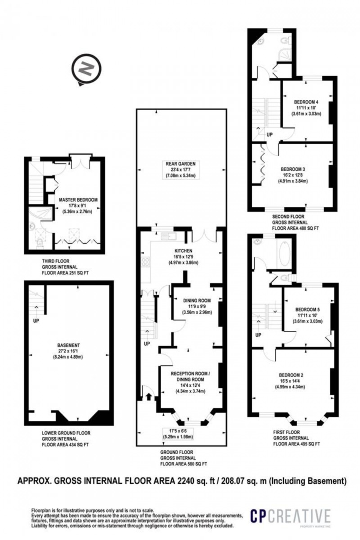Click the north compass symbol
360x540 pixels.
(x=86, y=69)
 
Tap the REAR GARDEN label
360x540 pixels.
(x=181, y=163)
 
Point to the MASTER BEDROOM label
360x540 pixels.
(x=78, y=199)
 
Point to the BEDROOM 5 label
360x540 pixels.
(x=307, y=310)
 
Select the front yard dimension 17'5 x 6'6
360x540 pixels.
(x=180, y=430)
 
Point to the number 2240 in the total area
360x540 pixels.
(x=185, y=481)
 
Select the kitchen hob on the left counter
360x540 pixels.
(x=145, y=261)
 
